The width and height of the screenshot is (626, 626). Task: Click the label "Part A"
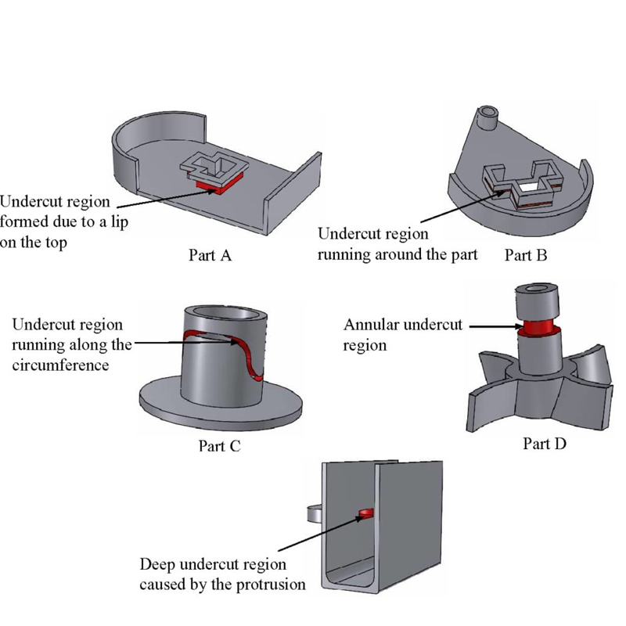(210, 255)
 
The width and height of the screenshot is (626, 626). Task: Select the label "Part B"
(526, 255)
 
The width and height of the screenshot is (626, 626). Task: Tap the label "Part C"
(220, 446)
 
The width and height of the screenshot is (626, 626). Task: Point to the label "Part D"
(545, 444)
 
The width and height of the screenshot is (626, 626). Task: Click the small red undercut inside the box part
(365, 513)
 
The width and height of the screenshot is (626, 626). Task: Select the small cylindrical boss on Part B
(487, 118)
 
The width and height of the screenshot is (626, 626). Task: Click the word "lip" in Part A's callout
(119, 222)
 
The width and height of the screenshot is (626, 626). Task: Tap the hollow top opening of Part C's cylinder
(225, 312)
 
